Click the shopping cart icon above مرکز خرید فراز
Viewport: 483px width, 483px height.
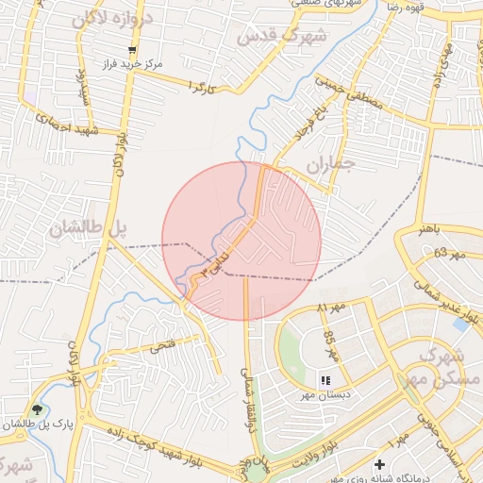(x=133, y=50)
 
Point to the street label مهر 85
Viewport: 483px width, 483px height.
(x=330, y=345)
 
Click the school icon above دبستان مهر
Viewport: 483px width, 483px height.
(x=325, y=380)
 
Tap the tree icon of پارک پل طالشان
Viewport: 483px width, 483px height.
(x=37, y=409)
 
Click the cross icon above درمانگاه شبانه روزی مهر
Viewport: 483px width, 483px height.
(x=379, y=465)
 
